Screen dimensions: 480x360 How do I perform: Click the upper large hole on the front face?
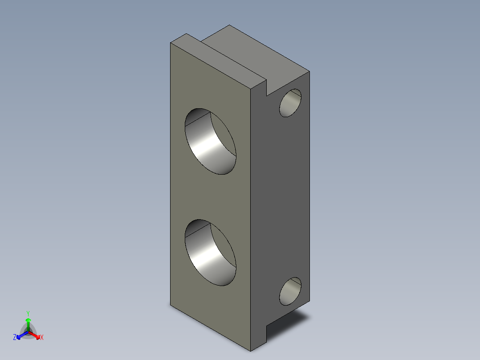(211, 141)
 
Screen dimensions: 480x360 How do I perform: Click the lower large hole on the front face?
(211, 253)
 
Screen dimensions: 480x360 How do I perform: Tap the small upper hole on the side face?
(290, 103)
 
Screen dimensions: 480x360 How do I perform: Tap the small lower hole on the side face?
(290, 291)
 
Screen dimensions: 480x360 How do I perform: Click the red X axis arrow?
(34, 335)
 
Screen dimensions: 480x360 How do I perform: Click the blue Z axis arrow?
(22, 335)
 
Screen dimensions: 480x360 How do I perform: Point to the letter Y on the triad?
(28, 314)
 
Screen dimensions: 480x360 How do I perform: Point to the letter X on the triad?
(42, 337)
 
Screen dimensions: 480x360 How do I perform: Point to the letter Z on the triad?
(15, 337)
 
